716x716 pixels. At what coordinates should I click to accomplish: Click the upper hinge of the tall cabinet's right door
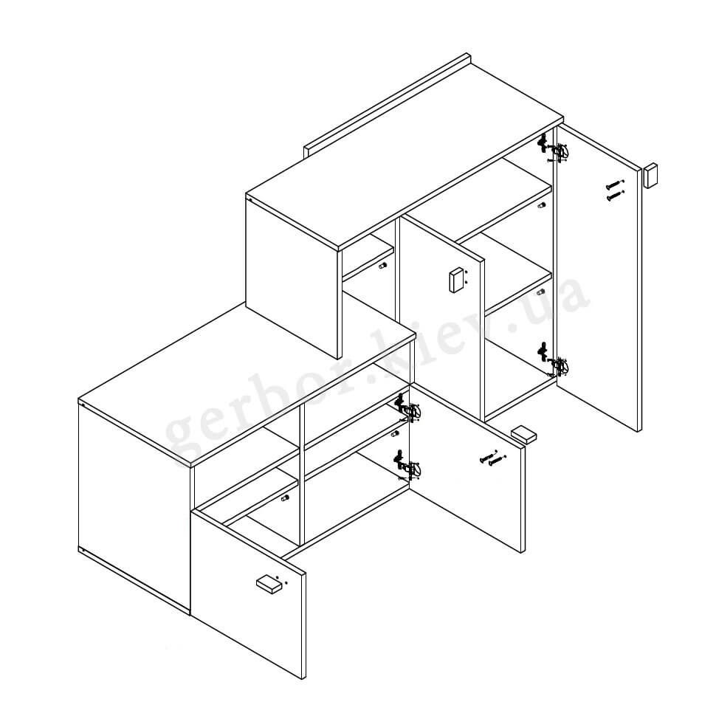554,149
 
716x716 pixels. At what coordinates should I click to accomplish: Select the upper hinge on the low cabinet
407,407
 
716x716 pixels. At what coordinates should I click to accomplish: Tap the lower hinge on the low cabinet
407,465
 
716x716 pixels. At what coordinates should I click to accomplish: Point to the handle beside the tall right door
650,176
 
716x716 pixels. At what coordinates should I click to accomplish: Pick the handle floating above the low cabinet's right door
523,434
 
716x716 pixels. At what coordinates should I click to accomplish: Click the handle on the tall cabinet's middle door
456,280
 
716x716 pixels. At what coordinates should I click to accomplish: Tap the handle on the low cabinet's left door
269,585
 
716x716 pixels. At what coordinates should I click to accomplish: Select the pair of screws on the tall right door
615,191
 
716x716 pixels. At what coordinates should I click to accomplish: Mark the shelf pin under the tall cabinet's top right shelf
542,205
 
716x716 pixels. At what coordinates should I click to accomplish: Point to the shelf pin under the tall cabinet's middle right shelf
542,292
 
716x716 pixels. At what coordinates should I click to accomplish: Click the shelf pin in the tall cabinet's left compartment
382,265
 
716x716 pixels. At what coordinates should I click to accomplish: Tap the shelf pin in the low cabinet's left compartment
285,498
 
